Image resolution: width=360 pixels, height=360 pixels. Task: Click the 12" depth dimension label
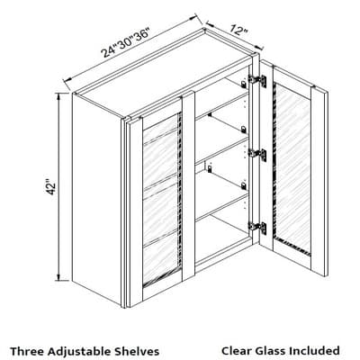point(239,30)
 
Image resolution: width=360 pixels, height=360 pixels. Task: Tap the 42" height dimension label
point(51,187)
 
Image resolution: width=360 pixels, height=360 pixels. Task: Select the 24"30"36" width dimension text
point(125,42)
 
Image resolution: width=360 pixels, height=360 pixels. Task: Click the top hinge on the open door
point(257,80)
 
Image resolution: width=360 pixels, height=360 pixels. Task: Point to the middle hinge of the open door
point(257,154)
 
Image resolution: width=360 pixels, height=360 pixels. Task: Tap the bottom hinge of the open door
point(257,228)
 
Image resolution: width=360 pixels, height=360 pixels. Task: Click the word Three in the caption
point(27,351)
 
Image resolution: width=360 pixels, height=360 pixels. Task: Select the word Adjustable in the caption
point(79,352)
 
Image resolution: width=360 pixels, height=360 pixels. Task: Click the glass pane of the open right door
point(292,168)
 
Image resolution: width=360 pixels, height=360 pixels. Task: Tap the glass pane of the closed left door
point(162,200)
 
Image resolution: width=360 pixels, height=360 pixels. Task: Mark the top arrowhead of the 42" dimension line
point(59,96)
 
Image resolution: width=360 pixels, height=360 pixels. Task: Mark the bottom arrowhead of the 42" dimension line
point(59,277)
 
